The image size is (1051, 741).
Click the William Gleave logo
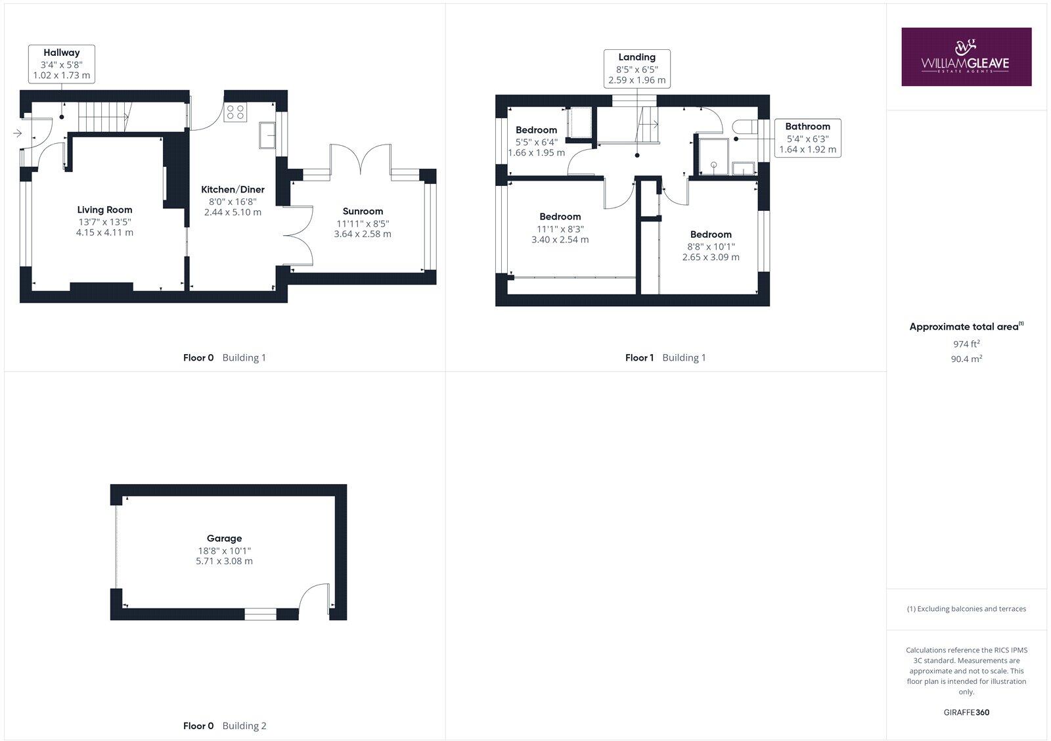pyautogui.click(x=966, y=56)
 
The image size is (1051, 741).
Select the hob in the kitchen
pyautogui.click(x=235, y=112)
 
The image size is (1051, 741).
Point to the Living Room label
pyautogui.click(x=104, y=210)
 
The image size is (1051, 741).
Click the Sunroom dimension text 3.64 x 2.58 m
pyautogui.click(x=363, y=234)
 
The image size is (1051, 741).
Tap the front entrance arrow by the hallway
pyautogui.click(x=17, y=133)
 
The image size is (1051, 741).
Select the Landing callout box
pyautogui.click(x=637, y=68)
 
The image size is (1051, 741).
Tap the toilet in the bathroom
pyautogui.click(x=746, y=127)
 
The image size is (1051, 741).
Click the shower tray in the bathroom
pyautogui.click(x=713, y=156)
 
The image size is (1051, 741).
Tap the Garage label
pyautogui.click(x=225, y=538)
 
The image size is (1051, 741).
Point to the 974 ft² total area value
pyautogui.click(x=966, y=344)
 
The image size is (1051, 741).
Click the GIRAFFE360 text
pyautogui.click(x=966, y=712)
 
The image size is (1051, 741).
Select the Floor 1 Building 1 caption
pyautogui.click(x=665, y=357)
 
